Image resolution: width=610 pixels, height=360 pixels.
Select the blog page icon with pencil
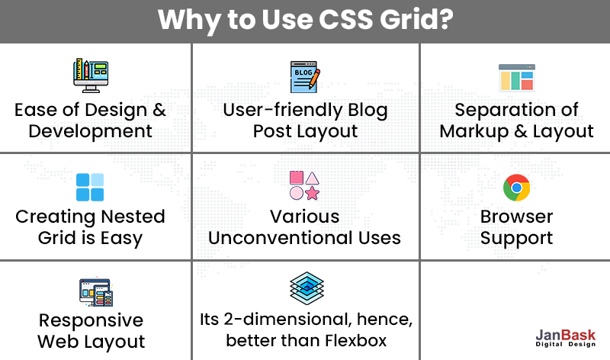[305, 77]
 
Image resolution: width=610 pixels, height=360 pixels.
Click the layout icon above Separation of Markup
[516, 79]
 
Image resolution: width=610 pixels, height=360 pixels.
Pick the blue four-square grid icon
[90, 187]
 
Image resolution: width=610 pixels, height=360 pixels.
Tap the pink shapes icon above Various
[304, 185]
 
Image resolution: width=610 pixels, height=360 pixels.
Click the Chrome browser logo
[516, 187]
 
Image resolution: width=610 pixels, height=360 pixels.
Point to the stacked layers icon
[304, 290]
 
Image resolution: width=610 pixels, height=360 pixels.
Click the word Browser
[516, 217]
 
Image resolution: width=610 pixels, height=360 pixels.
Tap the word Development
[90, 131]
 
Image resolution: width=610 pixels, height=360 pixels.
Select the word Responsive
[91, 320]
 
